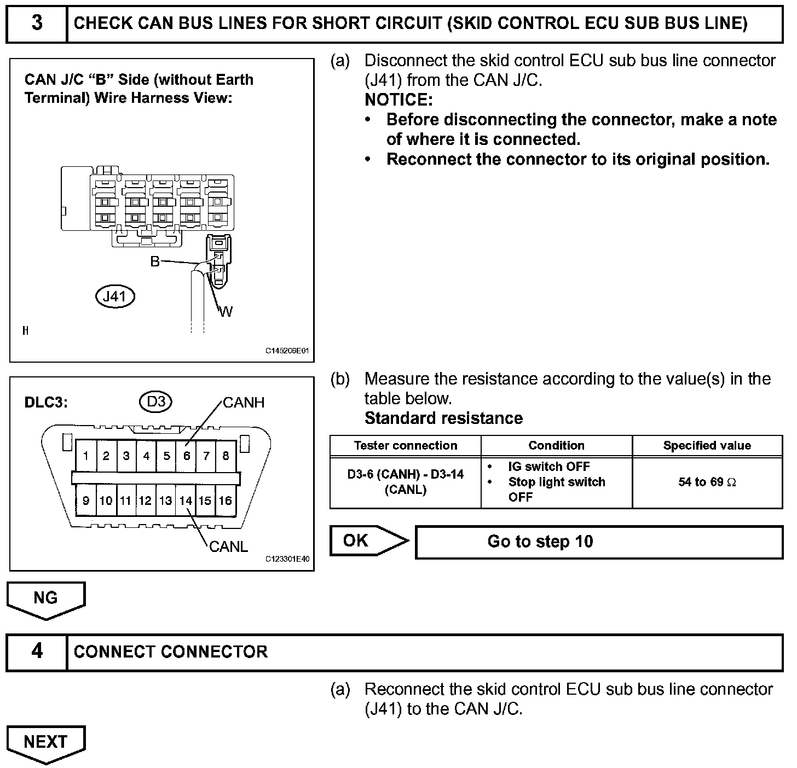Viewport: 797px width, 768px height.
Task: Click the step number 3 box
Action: coord(37,23)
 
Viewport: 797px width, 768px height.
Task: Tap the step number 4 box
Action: coord(37,651)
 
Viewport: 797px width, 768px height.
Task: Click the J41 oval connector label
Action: coord(114,296)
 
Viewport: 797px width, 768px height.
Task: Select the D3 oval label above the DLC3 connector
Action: coord(156,402)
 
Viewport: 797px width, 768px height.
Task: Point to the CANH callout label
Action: coord(244,403)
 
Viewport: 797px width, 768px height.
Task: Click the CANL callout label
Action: coord(228,546)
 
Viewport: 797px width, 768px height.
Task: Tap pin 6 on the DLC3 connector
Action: coord(187,456)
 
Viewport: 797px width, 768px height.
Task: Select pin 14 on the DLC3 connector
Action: coord(186,501)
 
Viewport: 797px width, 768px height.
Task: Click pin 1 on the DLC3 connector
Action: coord(86,456)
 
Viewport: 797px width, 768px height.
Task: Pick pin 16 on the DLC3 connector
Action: coord(225,501)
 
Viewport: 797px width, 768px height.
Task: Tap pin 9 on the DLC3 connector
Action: coord(86,501)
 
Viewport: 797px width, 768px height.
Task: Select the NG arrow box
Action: coord(46,598)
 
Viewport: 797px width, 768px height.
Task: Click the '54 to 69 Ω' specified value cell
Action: coord(707,482)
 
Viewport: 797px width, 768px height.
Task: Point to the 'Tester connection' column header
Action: coord(406,446)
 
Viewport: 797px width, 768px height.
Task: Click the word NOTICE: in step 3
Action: coord(399,100)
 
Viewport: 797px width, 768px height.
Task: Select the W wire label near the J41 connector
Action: coord(226,312)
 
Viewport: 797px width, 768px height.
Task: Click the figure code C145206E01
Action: coord(287,351)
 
